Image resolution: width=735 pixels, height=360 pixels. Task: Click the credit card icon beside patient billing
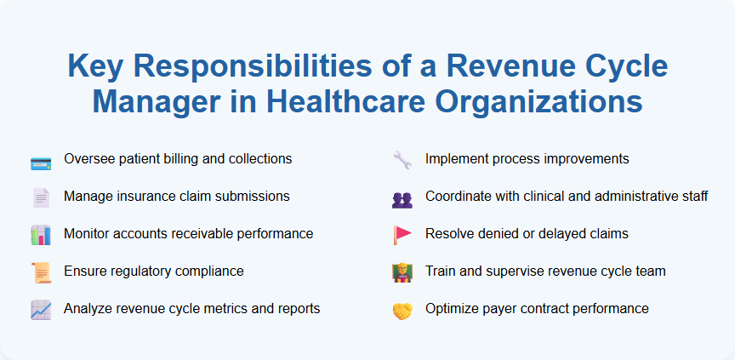pyautogui.click(x=40, y=161)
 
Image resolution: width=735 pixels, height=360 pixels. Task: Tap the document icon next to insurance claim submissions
pyautogui.click(x=40, y=198)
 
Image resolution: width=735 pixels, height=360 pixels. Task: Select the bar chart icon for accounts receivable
pyautogui.click(x=40, y=236)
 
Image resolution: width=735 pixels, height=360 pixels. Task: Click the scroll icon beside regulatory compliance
pyautogui.click(x=40, y=273)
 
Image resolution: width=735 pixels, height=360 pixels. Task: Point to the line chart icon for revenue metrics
pyautogui.click(x=40, y=311)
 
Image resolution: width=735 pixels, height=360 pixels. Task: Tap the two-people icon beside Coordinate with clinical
pyautogui.click(x=402, y=198)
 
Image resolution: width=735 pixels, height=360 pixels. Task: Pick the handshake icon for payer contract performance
pyautogui.click(x=402, y=311)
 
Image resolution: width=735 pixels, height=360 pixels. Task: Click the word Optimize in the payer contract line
pyautogui.click(x=452, y=309)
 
